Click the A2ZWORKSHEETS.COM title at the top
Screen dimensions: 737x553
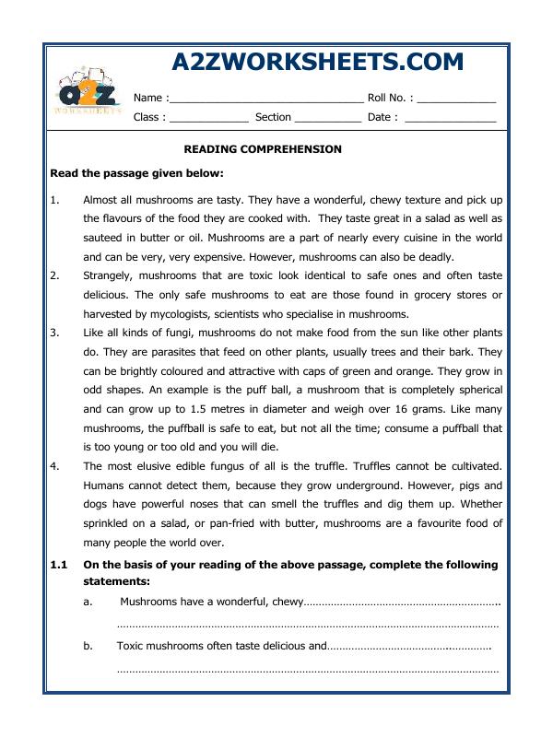pos(318,62)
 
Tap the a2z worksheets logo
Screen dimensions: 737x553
pos(88,93)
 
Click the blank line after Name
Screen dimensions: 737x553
pos(266,98)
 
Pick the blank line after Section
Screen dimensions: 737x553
pos(328,118)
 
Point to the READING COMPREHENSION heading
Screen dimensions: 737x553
pos(263,148)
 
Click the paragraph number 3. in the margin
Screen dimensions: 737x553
pos(54,333)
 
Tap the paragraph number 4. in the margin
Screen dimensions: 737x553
pos(54,467)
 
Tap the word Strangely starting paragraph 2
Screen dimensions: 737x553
pos(110,275)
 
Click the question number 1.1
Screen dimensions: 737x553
pos(59,564)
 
